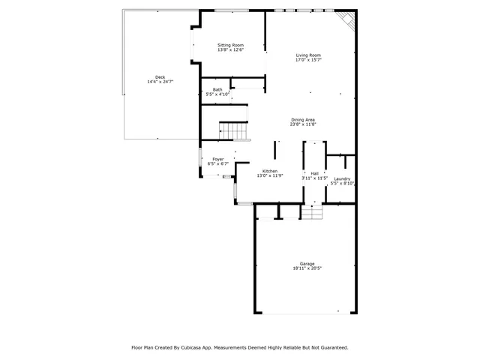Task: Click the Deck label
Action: click(x=160, y=77)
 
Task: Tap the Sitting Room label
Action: click(x=230, y=45)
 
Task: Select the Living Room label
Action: click(x=308, y=55)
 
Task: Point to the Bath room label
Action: click(x=217, y=89)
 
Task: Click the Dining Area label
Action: click(x=303, y=119)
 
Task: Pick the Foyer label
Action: click(x=217, y=159)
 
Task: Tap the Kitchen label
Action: click(x=270, y=172)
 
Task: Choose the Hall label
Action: click(x=314, y=173)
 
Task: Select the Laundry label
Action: click(x=342, y=178)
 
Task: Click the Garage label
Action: click(x=307, y=263)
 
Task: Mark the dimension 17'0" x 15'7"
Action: click(x=308, y=61)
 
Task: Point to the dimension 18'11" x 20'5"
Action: click(x=307, y=268)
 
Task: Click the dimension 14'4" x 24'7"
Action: click(x=160, y=82)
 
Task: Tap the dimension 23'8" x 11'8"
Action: click(x=303, y=124)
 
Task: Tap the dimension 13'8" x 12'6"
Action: click(x=230, y=50)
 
